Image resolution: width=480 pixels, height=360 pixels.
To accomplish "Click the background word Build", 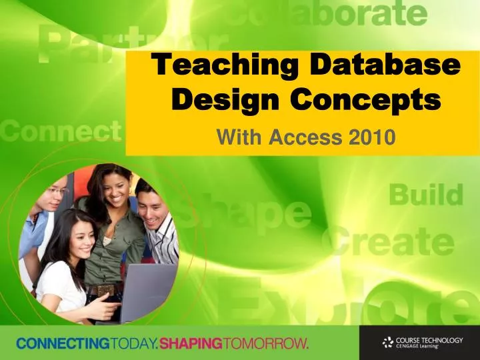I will (425, 196).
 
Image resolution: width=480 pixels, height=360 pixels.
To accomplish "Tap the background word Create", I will (393, 242).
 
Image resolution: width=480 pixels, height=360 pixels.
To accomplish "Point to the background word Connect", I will (60, 131).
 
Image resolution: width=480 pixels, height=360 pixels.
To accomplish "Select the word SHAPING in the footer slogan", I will (192, 344).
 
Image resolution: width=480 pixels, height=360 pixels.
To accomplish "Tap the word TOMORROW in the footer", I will (267, 344).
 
